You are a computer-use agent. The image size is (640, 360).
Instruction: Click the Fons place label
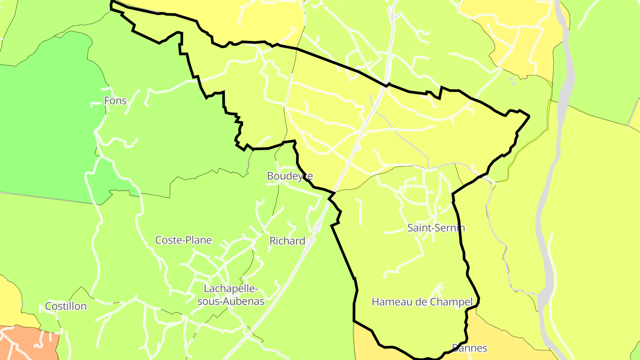115,101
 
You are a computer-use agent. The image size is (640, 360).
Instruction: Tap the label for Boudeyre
290,176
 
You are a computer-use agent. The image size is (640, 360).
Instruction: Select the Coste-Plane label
183,240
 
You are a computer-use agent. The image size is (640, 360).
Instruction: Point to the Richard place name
287,241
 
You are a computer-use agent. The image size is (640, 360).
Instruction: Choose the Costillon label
66,306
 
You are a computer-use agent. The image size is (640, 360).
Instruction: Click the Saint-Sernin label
436,228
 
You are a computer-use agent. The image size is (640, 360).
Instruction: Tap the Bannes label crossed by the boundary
469,348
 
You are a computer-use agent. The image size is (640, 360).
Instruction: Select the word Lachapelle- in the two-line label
231,289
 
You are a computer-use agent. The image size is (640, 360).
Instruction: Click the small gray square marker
511,79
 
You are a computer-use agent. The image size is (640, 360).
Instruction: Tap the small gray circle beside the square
514,83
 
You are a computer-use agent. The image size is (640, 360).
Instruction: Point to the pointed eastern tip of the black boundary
529,116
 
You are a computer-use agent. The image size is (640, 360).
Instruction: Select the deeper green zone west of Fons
44,124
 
